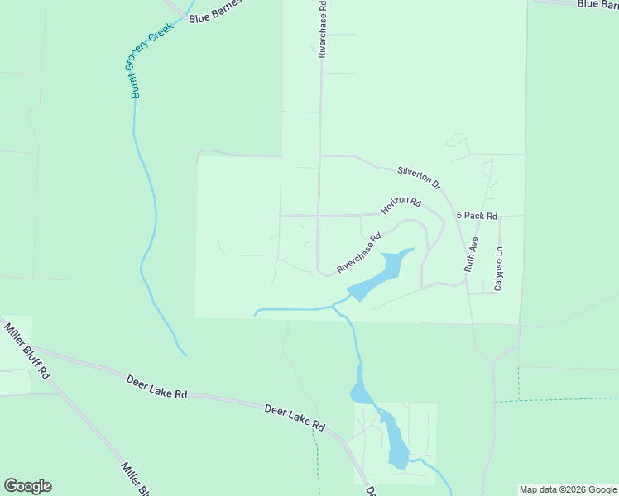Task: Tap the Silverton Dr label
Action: [419, 177]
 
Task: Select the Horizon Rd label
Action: [401, 206]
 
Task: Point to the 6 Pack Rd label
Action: [477, 216]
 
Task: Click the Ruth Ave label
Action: [471, 255]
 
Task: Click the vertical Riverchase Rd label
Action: [323, 29]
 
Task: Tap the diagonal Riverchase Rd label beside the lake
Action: [358, 254]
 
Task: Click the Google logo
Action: [27, 486]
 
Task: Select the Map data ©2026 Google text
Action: [569, 489]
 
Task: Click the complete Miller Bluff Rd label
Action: [27, 351]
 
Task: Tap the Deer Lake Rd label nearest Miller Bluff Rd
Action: [156, 387]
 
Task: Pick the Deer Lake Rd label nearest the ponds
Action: [295, 417]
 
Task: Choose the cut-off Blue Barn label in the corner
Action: [597, 4]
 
